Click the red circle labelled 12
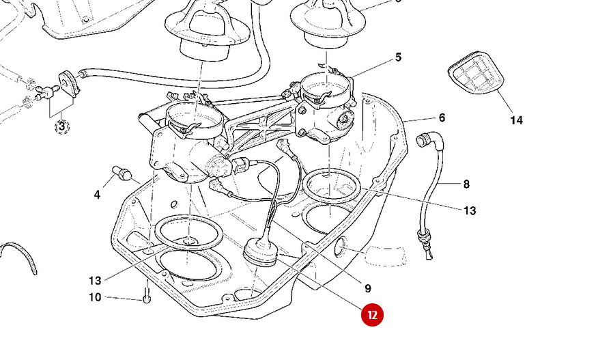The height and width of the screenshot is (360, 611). tap(373, 315)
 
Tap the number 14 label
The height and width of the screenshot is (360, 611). tap(516, 120)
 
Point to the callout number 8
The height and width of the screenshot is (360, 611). tap(466, 184)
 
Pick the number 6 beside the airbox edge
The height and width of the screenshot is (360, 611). tap(442, 117)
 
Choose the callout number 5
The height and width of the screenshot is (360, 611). tap(398, 58)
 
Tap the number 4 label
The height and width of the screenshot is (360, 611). tap(97, 195)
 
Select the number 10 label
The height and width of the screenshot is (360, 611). tap(95, 297)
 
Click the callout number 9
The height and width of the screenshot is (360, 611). tap(367, 288)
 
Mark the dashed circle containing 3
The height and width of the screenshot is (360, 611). tap(61, 126)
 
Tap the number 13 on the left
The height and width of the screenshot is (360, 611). tap(95, 280)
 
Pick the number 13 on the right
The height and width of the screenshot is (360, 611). tap(470, 210)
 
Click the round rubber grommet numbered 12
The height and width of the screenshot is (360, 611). tap(260, 253)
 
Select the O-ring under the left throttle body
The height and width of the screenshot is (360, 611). tap(188, 234)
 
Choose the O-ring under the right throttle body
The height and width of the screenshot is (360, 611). tap(332, 186)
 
